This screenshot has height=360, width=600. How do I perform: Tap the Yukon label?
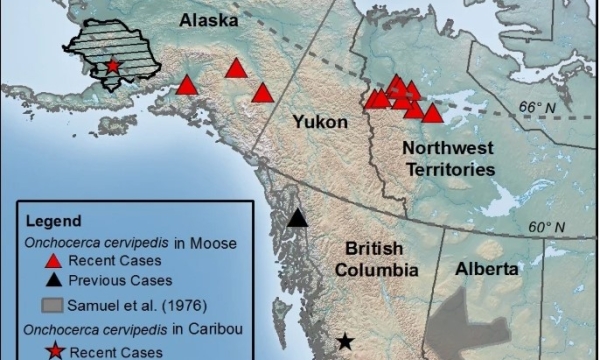(320, 122)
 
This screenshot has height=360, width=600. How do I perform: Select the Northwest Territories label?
(448, 158)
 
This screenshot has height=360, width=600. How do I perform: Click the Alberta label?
(487, 269)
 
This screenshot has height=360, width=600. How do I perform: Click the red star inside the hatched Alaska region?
(113, 66)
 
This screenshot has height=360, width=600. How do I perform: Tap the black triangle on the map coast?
(297, 219)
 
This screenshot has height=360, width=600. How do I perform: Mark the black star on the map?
(345, 342)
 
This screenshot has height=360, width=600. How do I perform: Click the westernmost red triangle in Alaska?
(187, 85)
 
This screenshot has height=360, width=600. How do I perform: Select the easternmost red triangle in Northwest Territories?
(432, 113)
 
